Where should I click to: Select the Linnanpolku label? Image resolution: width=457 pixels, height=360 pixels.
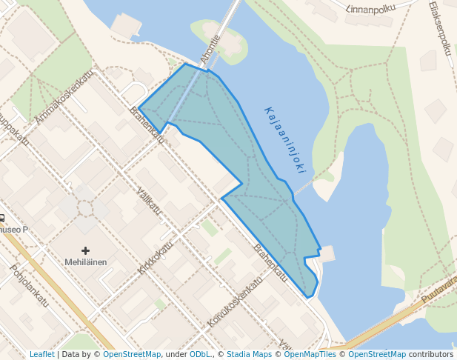point(370,8)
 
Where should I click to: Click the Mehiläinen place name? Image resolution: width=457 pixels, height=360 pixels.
point(85,262)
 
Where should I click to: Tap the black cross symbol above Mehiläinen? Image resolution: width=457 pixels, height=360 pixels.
point(85,251)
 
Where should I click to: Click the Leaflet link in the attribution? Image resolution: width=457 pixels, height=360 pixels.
point(41,355)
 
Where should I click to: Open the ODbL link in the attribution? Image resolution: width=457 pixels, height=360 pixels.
point(199,355)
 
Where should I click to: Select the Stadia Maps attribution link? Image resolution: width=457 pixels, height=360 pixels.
point(249,355)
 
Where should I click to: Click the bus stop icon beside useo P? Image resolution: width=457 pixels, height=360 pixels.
point(2,219)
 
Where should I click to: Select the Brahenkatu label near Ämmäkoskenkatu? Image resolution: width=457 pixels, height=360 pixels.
point(146,121)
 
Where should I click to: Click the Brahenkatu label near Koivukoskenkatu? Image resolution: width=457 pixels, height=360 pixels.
point(270,262)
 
